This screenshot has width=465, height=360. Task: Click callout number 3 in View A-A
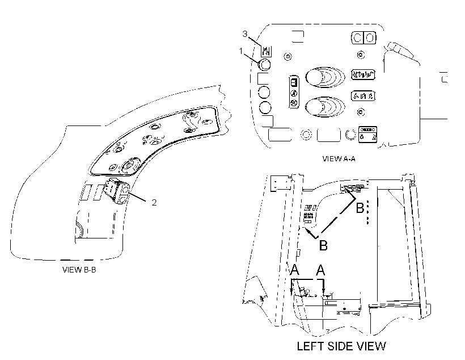[244, 34]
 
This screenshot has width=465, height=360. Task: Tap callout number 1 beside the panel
[241, 51]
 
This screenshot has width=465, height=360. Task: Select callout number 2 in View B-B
[154, 202]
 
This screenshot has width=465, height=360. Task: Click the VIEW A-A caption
[339, 158]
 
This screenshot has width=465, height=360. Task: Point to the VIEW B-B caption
[79, 270]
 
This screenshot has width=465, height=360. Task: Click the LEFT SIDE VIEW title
[341, 346]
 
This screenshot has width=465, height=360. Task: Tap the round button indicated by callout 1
[264, 65]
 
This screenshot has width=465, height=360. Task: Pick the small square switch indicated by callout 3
[267, 51]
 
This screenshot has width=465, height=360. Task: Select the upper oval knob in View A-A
[324, 78]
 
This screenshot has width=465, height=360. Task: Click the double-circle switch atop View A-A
[363, 38]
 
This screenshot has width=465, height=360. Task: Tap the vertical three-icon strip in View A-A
[294, 92]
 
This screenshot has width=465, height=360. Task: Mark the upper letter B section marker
[360, 208]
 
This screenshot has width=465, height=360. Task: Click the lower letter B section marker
[323, 246]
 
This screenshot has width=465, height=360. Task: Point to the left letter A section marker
[294, 270]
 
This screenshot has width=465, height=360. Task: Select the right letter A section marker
[320, 270]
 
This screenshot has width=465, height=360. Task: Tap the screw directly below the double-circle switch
[361, 55]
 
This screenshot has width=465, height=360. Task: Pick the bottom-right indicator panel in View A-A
[367, 135]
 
